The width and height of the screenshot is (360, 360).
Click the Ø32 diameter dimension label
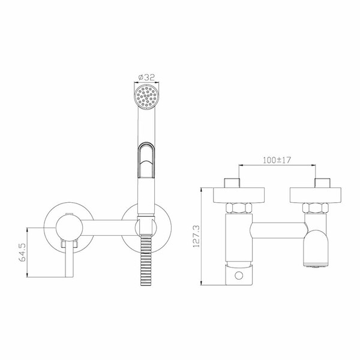coord(146,77)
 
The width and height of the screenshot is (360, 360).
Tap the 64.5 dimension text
coord(23,253)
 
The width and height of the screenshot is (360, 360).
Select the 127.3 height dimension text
coord(197,236)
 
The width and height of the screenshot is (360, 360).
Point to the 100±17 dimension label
coord(277,160)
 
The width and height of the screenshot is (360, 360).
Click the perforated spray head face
coord(146,97)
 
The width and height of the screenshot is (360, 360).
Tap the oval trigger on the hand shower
coord(146,160)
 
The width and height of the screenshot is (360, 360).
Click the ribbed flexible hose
coord(146,260)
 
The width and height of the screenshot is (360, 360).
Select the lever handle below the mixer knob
coord(69,259)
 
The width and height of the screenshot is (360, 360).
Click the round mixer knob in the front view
coord(69,227)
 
